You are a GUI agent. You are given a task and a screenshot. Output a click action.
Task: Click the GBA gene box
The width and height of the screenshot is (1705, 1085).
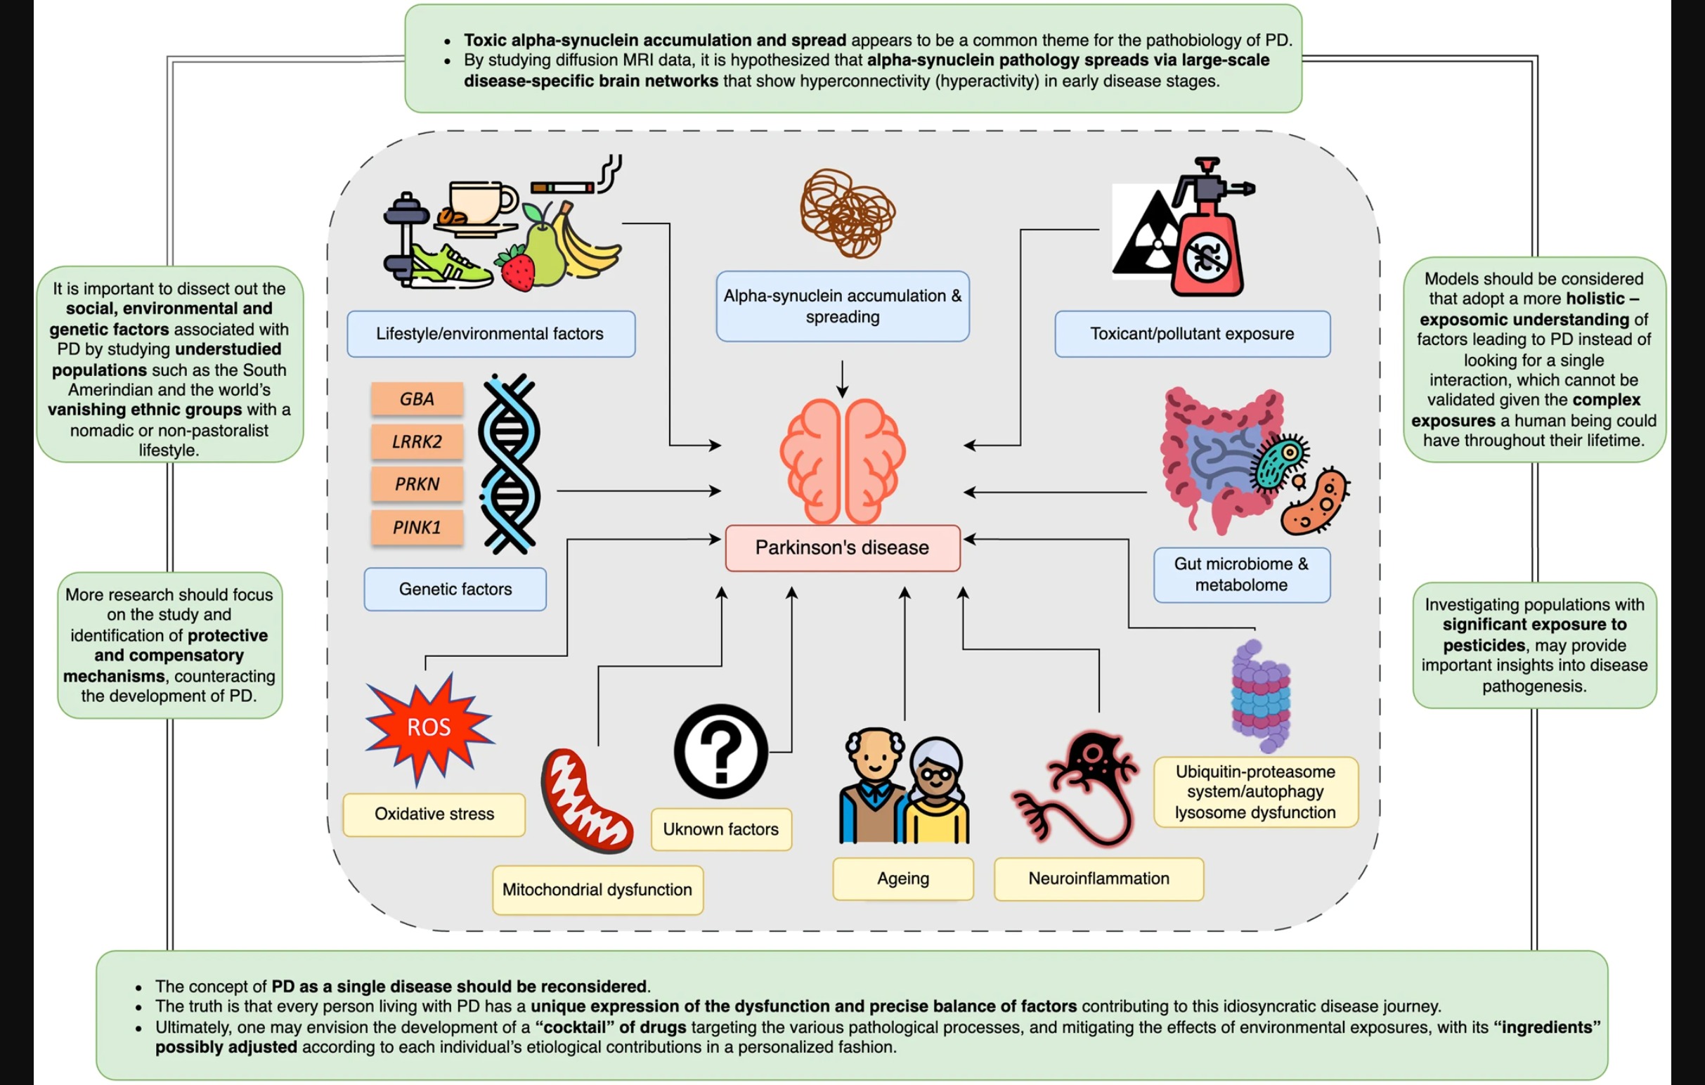417,399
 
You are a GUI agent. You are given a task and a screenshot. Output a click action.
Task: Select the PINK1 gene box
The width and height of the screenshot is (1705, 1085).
417,527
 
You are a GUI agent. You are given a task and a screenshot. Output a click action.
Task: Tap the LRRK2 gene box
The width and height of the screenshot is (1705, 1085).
417,441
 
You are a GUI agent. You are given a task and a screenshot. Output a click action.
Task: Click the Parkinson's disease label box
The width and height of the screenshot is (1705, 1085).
842,548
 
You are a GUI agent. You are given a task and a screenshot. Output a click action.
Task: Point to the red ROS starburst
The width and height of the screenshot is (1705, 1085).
429,727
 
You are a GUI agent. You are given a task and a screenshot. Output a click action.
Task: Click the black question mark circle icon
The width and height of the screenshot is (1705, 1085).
720,751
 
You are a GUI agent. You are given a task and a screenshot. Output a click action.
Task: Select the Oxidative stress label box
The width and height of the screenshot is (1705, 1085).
434,814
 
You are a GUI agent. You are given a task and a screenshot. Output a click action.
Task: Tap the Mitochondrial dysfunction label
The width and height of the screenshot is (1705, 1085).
597,890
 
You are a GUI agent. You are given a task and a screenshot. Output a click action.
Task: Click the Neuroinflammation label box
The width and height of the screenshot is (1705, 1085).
1098,878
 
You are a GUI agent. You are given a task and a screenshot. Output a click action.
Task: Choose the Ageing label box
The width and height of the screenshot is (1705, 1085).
903,878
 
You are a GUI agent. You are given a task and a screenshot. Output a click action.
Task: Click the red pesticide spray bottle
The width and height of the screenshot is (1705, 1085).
1207,240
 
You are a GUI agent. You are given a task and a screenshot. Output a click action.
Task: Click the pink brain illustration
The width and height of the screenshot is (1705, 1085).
842,460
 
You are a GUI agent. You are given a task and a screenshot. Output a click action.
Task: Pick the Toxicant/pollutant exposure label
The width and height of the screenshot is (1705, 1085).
1192,333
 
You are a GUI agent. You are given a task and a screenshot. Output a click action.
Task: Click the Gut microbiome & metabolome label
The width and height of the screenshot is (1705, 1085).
1241,574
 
